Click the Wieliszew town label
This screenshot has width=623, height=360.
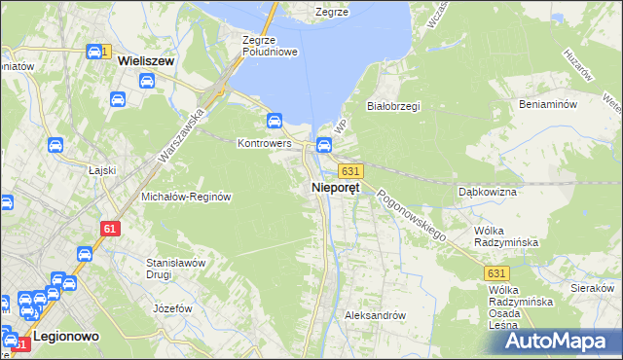click(x=145, y=60)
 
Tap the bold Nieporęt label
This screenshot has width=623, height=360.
click(x=336, y=188)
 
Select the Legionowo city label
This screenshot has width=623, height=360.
click(x=62, y=336)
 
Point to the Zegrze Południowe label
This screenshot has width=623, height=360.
click(x=270, y=46)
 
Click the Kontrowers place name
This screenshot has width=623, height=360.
click(x=265, y=143)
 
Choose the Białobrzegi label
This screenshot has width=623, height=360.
click(x=392, y=106)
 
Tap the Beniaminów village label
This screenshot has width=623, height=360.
click(x=549, y=103)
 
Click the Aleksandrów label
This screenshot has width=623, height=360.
click(x=375, y=316)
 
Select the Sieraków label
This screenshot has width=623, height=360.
click(x=592, y=288)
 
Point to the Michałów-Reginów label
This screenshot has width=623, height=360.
click(x=186, y=196)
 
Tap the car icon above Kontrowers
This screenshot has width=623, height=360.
click(x=275, y=121)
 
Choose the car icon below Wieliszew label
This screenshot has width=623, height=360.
click(x=117, y=98)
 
